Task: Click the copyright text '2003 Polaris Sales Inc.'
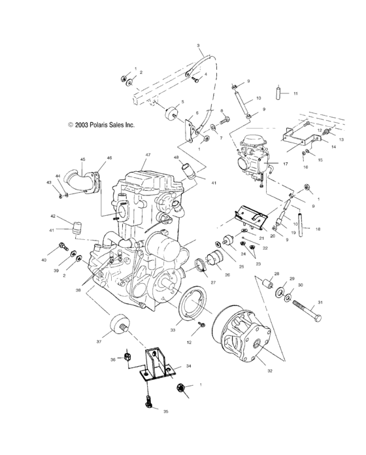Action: point(101,124)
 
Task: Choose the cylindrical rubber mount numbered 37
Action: point(118,324)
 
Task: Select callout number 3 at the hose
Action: point(198,45)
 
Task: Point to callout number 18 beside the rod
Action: point(318,229)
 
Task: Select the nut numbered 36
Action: point(129,358)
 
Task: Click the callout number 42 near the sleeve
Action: point(52,216)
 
